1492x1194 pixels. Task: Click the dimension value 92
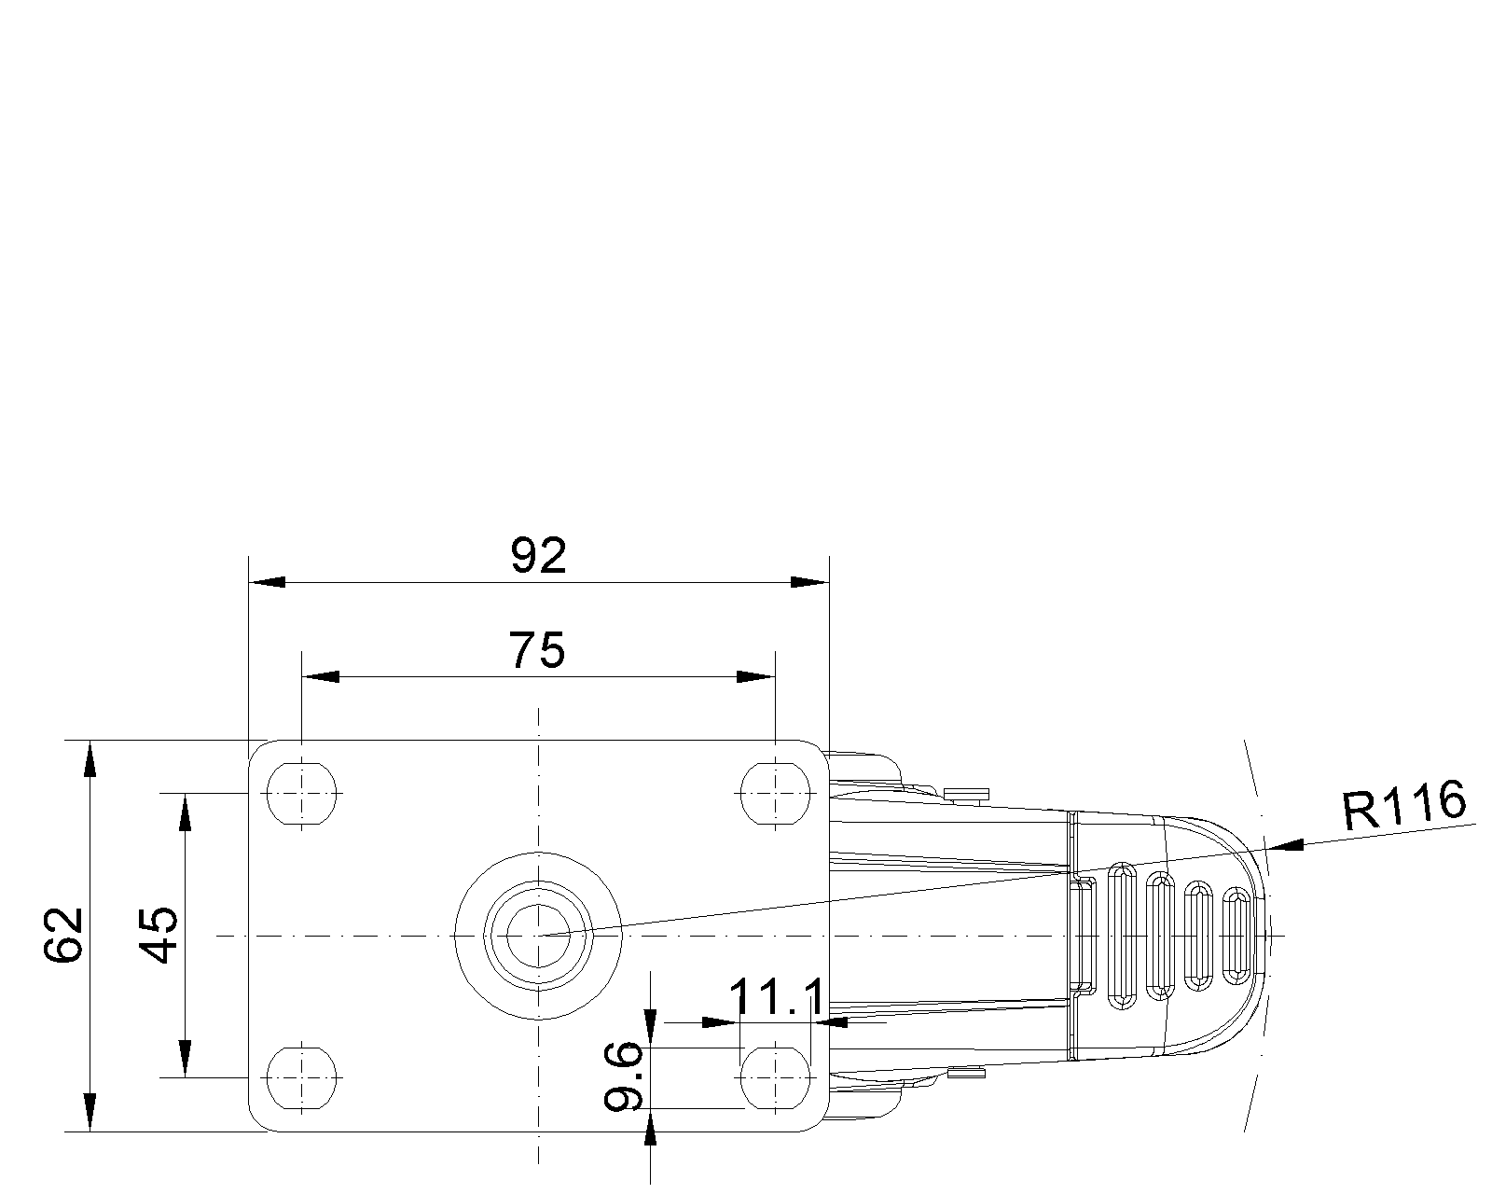[538, 556]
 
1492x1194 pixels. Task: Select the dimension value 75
[536, 650]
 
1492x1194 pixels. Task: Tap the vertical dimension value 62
[63, 935]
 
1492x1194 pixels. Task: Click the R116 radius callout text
[1404, 806]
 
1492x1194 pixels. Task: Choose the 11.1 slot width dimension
[777, 997]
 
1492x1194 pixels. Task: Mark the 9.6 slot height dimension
[623, 1076]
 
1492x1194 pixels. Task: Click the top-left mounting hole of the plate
[301, 793]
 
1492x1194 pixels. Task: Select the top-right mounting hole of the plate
[775, 793]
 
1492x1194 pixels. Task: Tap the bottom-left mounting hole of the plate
[301, 1077]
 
